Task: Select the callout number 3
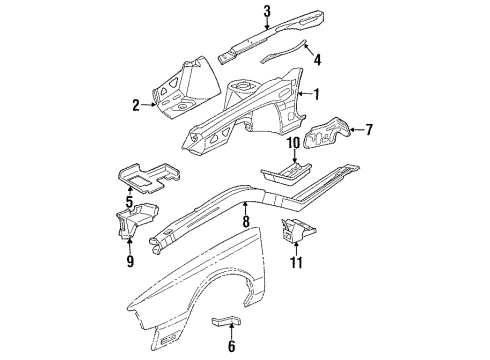239,12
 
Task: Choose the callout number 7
367,129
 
